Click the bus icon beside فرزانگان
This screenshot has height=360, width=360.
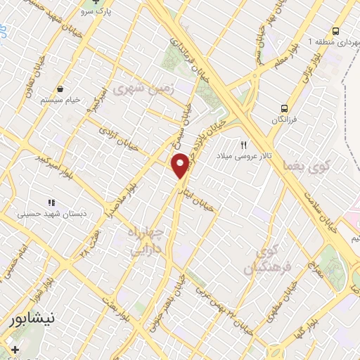tap(285, 108)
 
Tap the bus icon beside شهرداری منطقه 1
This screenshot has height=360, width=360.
tap(336, 32)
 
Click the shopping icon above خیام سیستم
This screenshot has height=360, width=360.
tap(62, 89)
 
